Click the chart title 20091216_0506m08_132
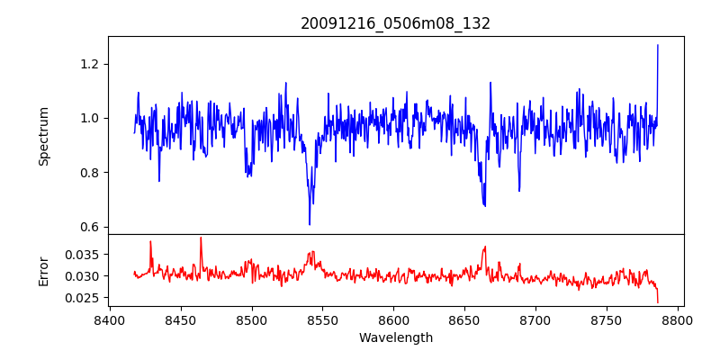coord(395,23)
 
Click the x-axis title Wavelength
coord(395,337)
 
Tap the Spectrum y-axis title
coord(43,136)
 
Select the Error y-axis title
coord(43,270)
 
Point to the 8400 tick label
coord(110,319)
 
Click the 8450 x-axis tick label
coord(181,319)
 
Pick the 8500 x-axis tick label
coord(252,319)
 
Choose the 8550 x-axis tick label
coord(323,319)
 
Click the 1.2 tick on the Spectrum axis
coord(88,64)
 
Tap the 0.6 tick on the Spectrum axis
coord(88,227)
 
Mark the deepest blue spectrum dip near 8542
coord(310,223)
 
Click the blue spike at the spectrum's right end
coord(658,45)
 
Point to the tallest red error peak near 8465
coord(201,238)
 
